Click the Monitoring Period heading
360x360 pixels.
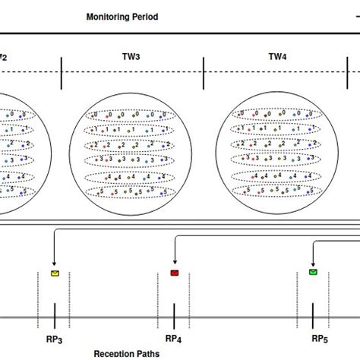[x=122, y=17]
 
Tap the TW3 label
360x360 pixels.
[x=130, y=56]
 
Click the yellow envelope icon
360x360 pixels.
[x=55, y=272]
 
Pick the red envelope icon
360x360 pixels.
[x=175, y=272]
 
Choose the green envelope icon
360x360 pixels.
[x=313, y=272]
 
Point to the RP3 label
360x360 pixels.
[x=55, y=339]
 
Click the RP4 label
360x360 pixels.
[x=175, y=339]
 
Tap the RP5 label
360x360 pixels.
[x=320, y=339]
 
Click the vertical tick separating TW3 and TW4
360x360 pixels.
[x=204, y=77]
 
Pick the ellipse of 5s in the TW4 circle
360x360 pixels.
[x=275, y=191]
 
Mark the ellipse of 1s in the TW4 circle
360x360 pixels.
[x=275, y=130]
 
